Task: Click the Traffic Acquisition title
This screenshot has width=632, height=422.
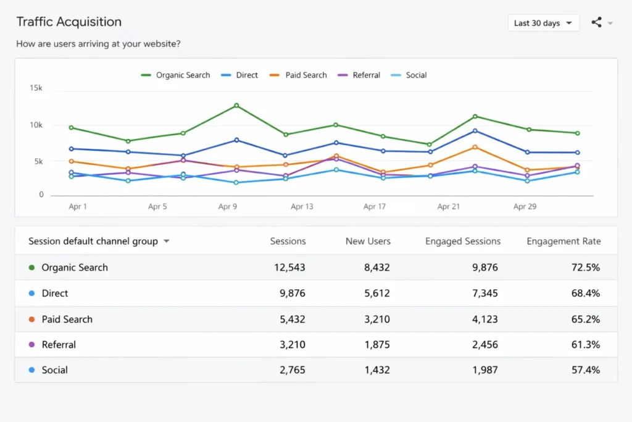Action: pos(69,22)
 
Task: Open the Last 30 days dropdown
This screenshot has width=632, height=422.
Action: pos(543,23)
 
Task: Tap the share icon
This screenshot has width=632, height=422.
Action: pos(596,23)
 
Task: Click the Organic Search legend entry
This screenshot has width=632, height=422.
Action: pos(176,75)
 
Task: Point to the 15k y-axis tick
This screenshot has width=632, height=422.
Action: pos(36,88)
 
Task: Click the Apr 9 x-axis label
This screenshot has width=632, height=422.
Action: pos(228,207)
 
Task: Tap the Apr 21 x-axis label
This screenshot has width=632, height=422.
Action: pos(449,207)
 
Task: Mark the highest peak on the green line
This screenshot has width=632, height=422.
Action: pos(236,106)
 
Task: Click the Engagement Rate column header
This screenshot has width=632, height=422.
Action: pos(563,242)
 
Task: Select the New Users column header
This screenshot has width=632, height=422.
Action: pos(368,242)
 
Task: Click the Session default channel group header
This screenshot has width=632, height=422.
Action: pos(93,242)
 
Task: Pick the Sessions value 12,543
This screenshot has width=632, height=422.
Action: pos(289,268)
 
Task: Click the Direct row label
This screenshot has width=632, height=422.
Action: pos(55,293)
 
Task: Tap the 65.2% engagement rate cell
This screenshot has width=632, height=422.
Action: pos(585,319)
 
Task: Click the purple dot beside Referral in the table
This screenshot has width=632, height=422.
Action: pos(31,345)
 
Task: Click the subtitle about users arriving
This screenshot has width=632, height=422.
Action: pos(98,44)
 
